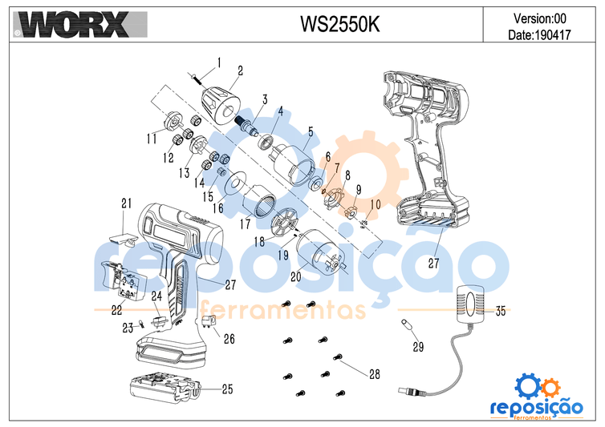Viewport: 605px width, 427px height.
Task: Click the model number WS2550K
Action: coord(339,24)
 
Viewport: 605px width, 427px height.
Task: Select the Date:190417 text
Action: coord(538,35)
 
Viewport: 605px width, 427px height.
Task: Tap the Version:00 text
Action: coord(538,17)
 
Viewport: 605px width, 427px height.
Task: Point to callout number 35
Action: coord(500,310)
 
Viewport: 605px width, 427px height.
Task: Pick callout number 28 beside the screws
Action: coord(374,374)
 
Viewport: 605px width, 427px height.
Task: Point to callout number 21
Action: coord(126,201)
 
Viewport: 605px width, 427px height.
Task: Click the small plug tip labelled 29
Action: coord(407,325)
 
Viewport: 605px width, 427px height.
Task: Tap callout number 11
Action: coord(151,139)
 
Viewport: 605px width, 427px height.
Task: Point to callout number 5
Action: coord(311,131)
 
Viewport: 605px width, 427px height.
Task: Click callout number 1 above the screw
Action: coord(219,62)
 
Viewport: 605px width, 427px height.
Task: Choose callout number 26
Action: coord(229,339)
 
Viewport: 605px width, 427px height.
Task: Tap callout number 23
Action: coord(127,327)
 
